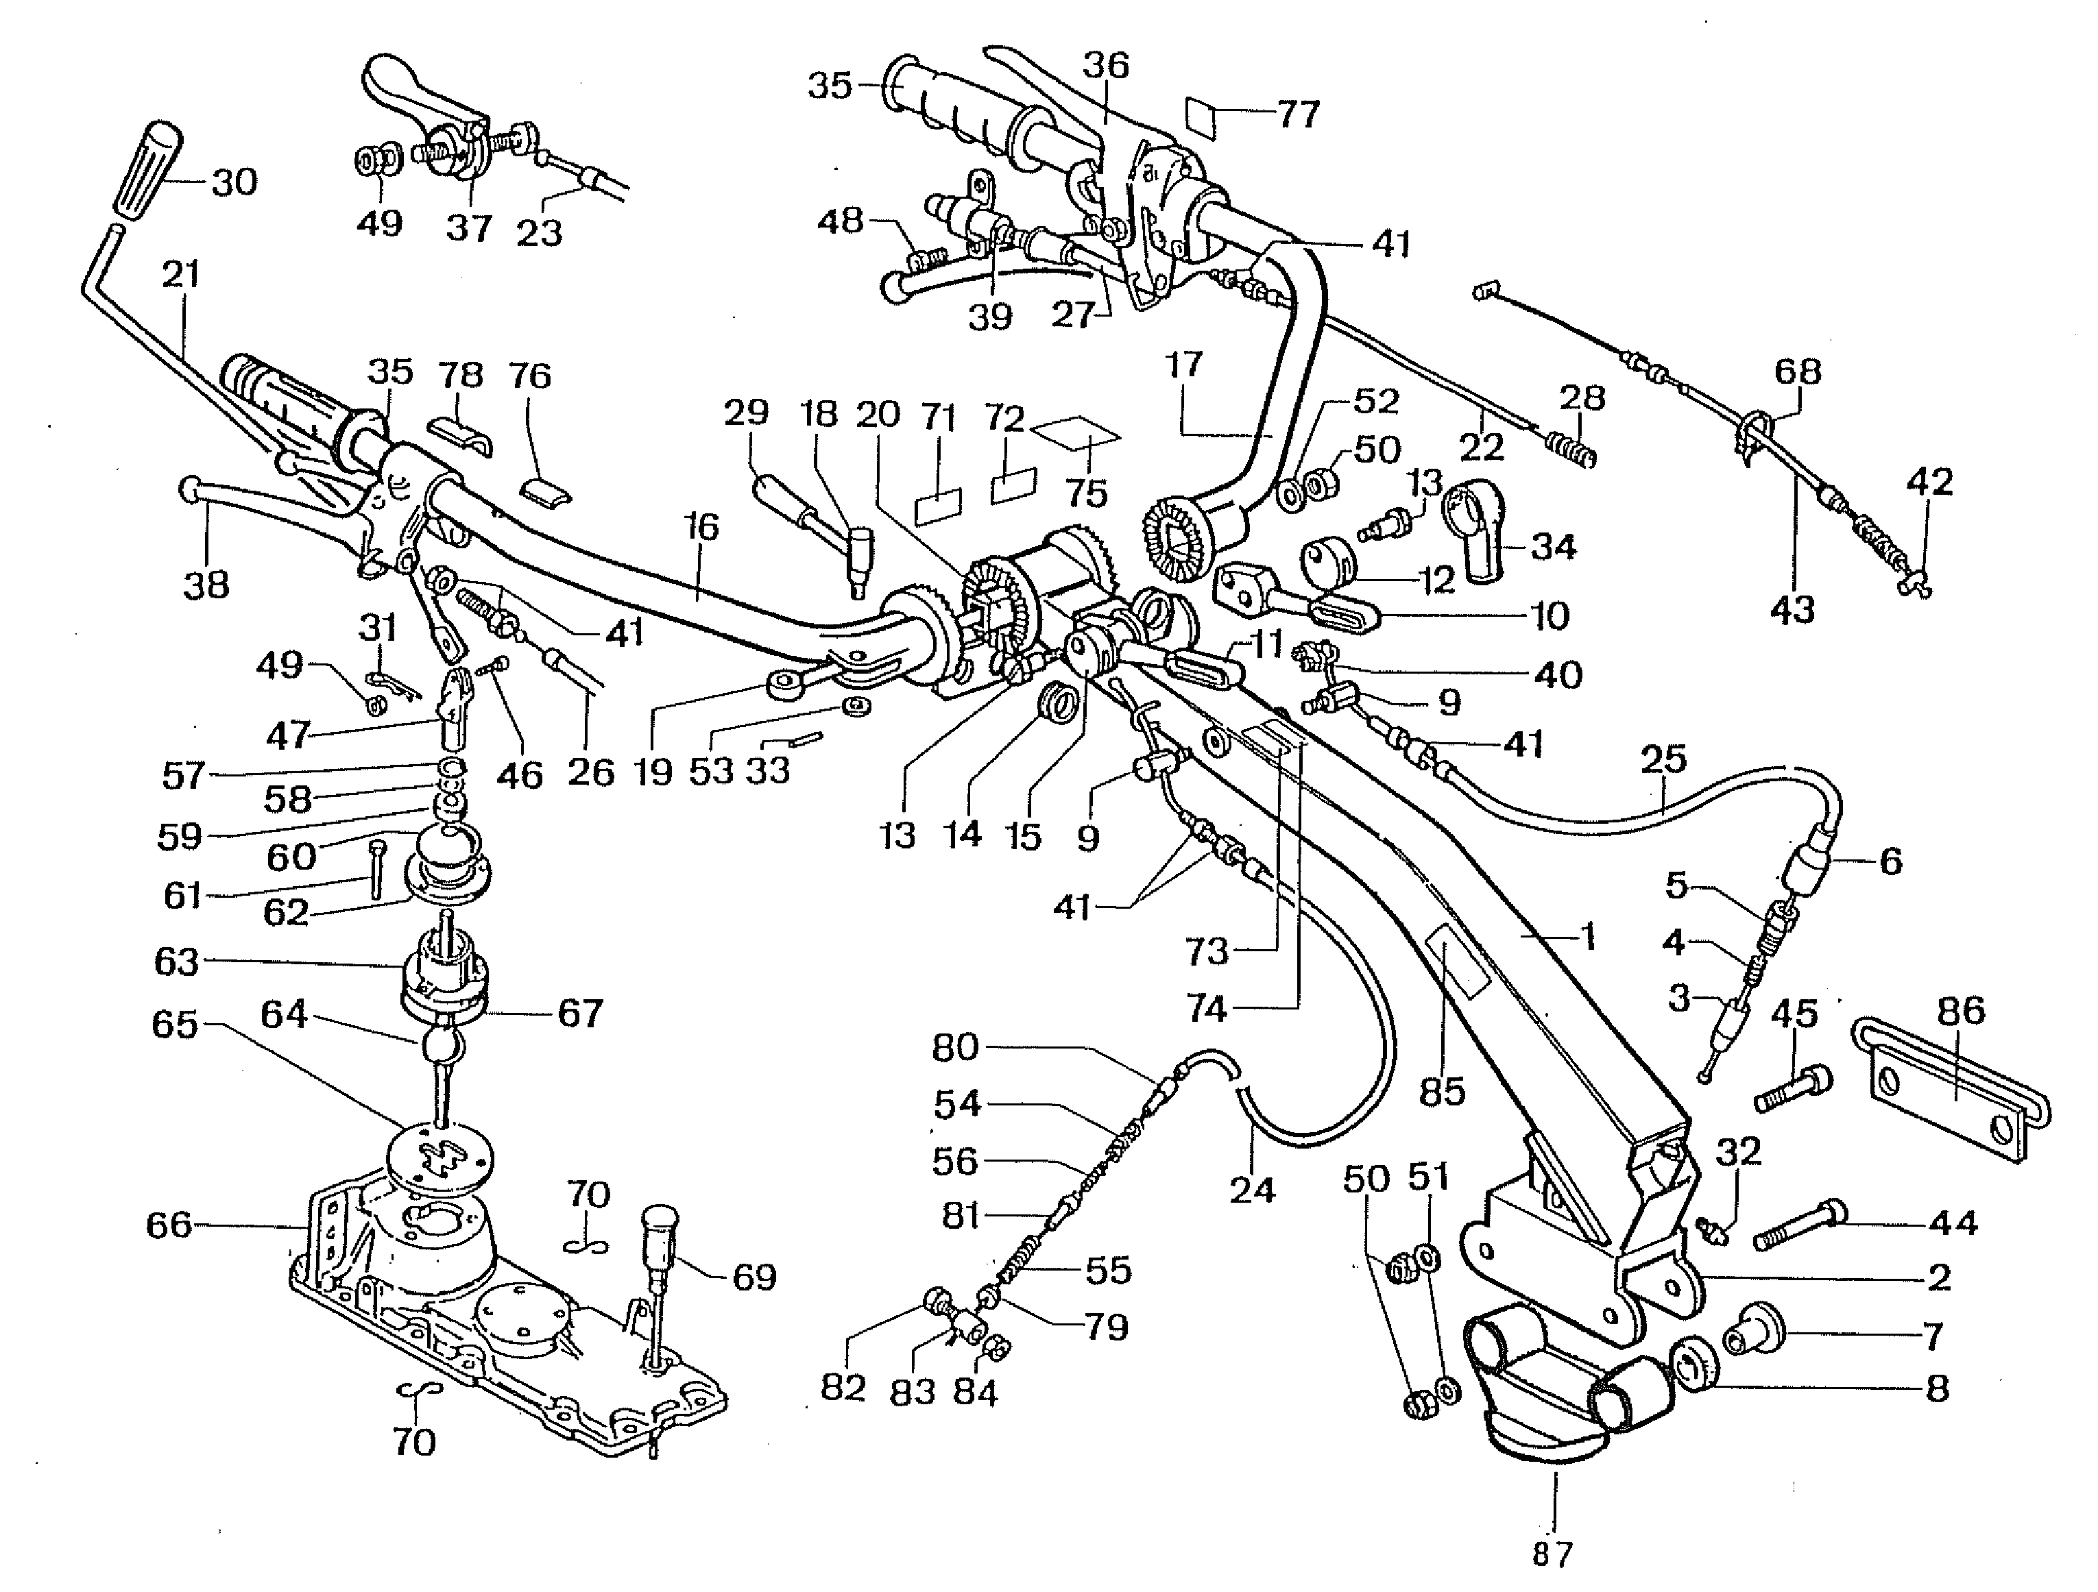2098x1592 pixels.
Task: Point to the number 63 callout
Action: click(176, 962)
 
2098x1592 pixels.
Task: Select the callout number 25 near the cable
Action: click(1663, 759)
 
